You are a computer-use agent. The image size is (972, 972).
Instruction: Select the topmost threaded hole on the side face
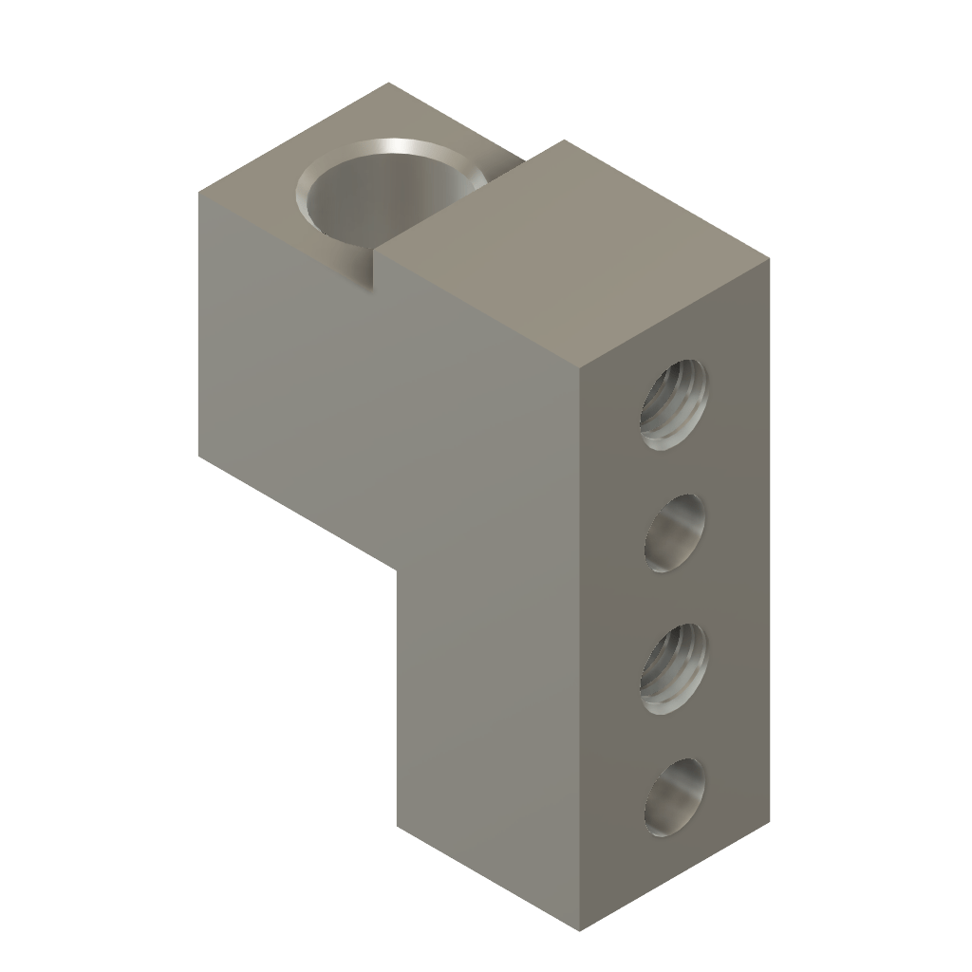(675, 403)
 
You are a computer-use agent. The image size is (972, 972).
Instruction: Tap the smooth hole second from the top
(675, 533)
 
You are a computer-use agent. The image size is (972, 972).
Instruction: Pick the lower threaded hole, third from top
(675, 667)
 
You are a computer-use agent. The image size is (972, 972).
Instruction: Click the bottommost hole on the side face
(675, 797)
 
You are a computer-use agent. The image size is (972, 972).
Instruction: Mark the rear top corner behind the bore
(391, 84)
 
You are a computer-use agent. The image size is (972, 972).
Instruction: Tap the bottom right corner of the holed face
(769, 818)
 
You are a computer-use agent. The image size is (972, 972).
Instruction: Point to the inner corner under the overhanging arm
(396, 568)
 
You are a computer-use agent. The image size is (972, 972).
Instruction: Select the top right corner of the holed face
(769, 258)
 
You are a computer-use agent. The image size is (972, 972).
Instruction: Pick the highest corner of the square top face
(565, 140)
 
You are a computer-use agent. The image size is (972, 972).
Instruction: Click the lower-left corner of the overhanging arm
(199, 456)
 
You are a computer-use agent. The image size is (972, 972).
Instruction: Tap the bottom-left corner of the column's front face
(397, 826)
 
